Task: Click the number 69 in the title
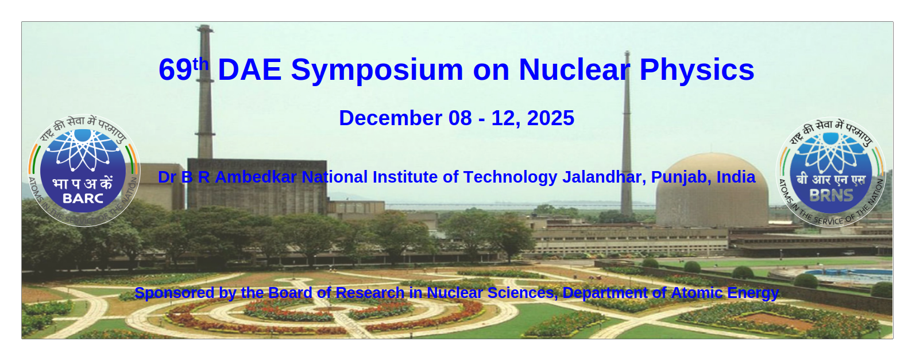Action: (x=175, y=69)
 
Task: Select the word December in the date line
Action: (x=391, y=118)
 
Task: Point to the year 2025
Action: (x=551, y=118)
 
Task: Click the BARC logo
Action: (x=84, y=171)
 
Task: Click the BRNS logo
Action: (x=831, y=172)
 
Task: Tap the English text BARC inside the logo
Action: (x=83, y=199)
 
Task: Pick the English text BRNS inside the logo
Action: (x=831, y=196)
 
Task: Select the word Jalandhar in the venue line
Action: (x=604, y=177)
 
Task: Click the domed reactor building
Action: (x=712, y=190)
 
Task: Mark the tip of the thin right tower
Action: (x=627, y=52)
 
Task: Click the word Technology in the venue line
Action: (x=510, y=177)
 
